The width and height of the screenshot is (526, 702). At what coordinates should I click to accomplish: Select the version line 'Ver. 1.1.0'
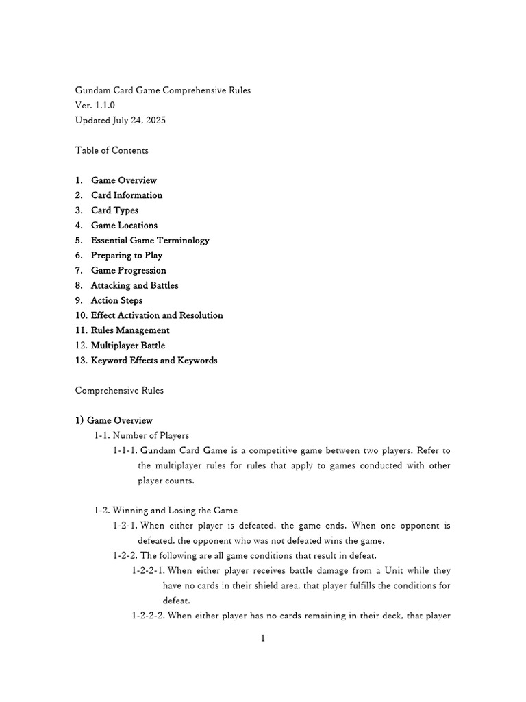click(95, 106)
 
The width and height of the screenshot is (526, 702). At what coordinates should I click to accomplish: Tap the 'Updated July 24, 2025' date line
click(121, 121)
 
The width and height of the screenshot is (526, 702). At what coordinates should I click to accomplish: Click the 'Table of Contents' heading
click(112, 150)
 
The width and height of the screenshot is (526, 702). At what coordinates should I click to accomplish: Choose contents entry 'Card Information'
click(127, 195)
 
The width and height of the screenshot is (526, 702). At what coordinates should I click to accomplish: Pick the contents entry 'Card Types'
click(114, 210)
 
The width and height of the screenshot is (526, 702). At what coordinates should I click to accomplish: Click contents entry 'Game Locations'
click(124, 226)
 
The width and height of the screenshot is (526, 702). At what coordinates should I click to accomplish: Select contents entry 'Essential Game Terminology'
click(150, 241)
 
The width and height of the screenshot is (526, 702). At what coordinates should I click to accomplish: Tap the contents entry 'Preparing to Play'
click(127, 256)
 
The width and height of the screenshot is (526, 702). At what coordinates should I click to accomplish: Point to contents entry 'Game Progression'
click(128, 271)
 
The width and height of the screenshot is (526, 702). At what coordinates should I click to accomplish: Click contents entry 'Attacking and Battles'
click(134, 286)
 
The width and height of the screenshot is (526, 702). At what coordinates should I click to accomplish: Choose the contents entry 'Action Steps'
click(116, 301)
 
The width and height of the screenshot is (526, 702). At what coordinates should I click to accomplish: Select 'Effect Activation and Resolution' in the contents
click(157, 316)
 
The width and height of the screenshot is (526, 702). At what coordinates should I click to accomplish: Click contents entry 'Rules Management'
click(130, 331)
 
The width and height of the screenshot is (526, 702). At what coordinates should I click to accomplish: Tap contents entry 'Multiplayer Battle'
click(128, 346)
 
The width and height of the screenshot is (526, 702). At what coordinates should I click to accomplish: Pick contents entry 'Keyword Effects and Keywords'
click(154, 361)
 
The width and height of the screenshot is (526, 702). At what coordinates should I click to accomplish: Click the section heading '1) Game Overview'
click(114, 420)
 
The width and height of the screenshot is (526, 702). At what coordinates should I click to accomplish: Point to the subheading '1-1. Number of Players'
click(142, 435)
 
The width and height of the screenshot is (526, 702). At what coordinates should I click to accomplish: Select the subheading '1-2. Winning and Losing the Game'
click(166, 511)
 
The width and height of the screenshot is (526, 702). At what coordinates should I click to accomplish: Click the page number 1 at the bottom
click(262, 639)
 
